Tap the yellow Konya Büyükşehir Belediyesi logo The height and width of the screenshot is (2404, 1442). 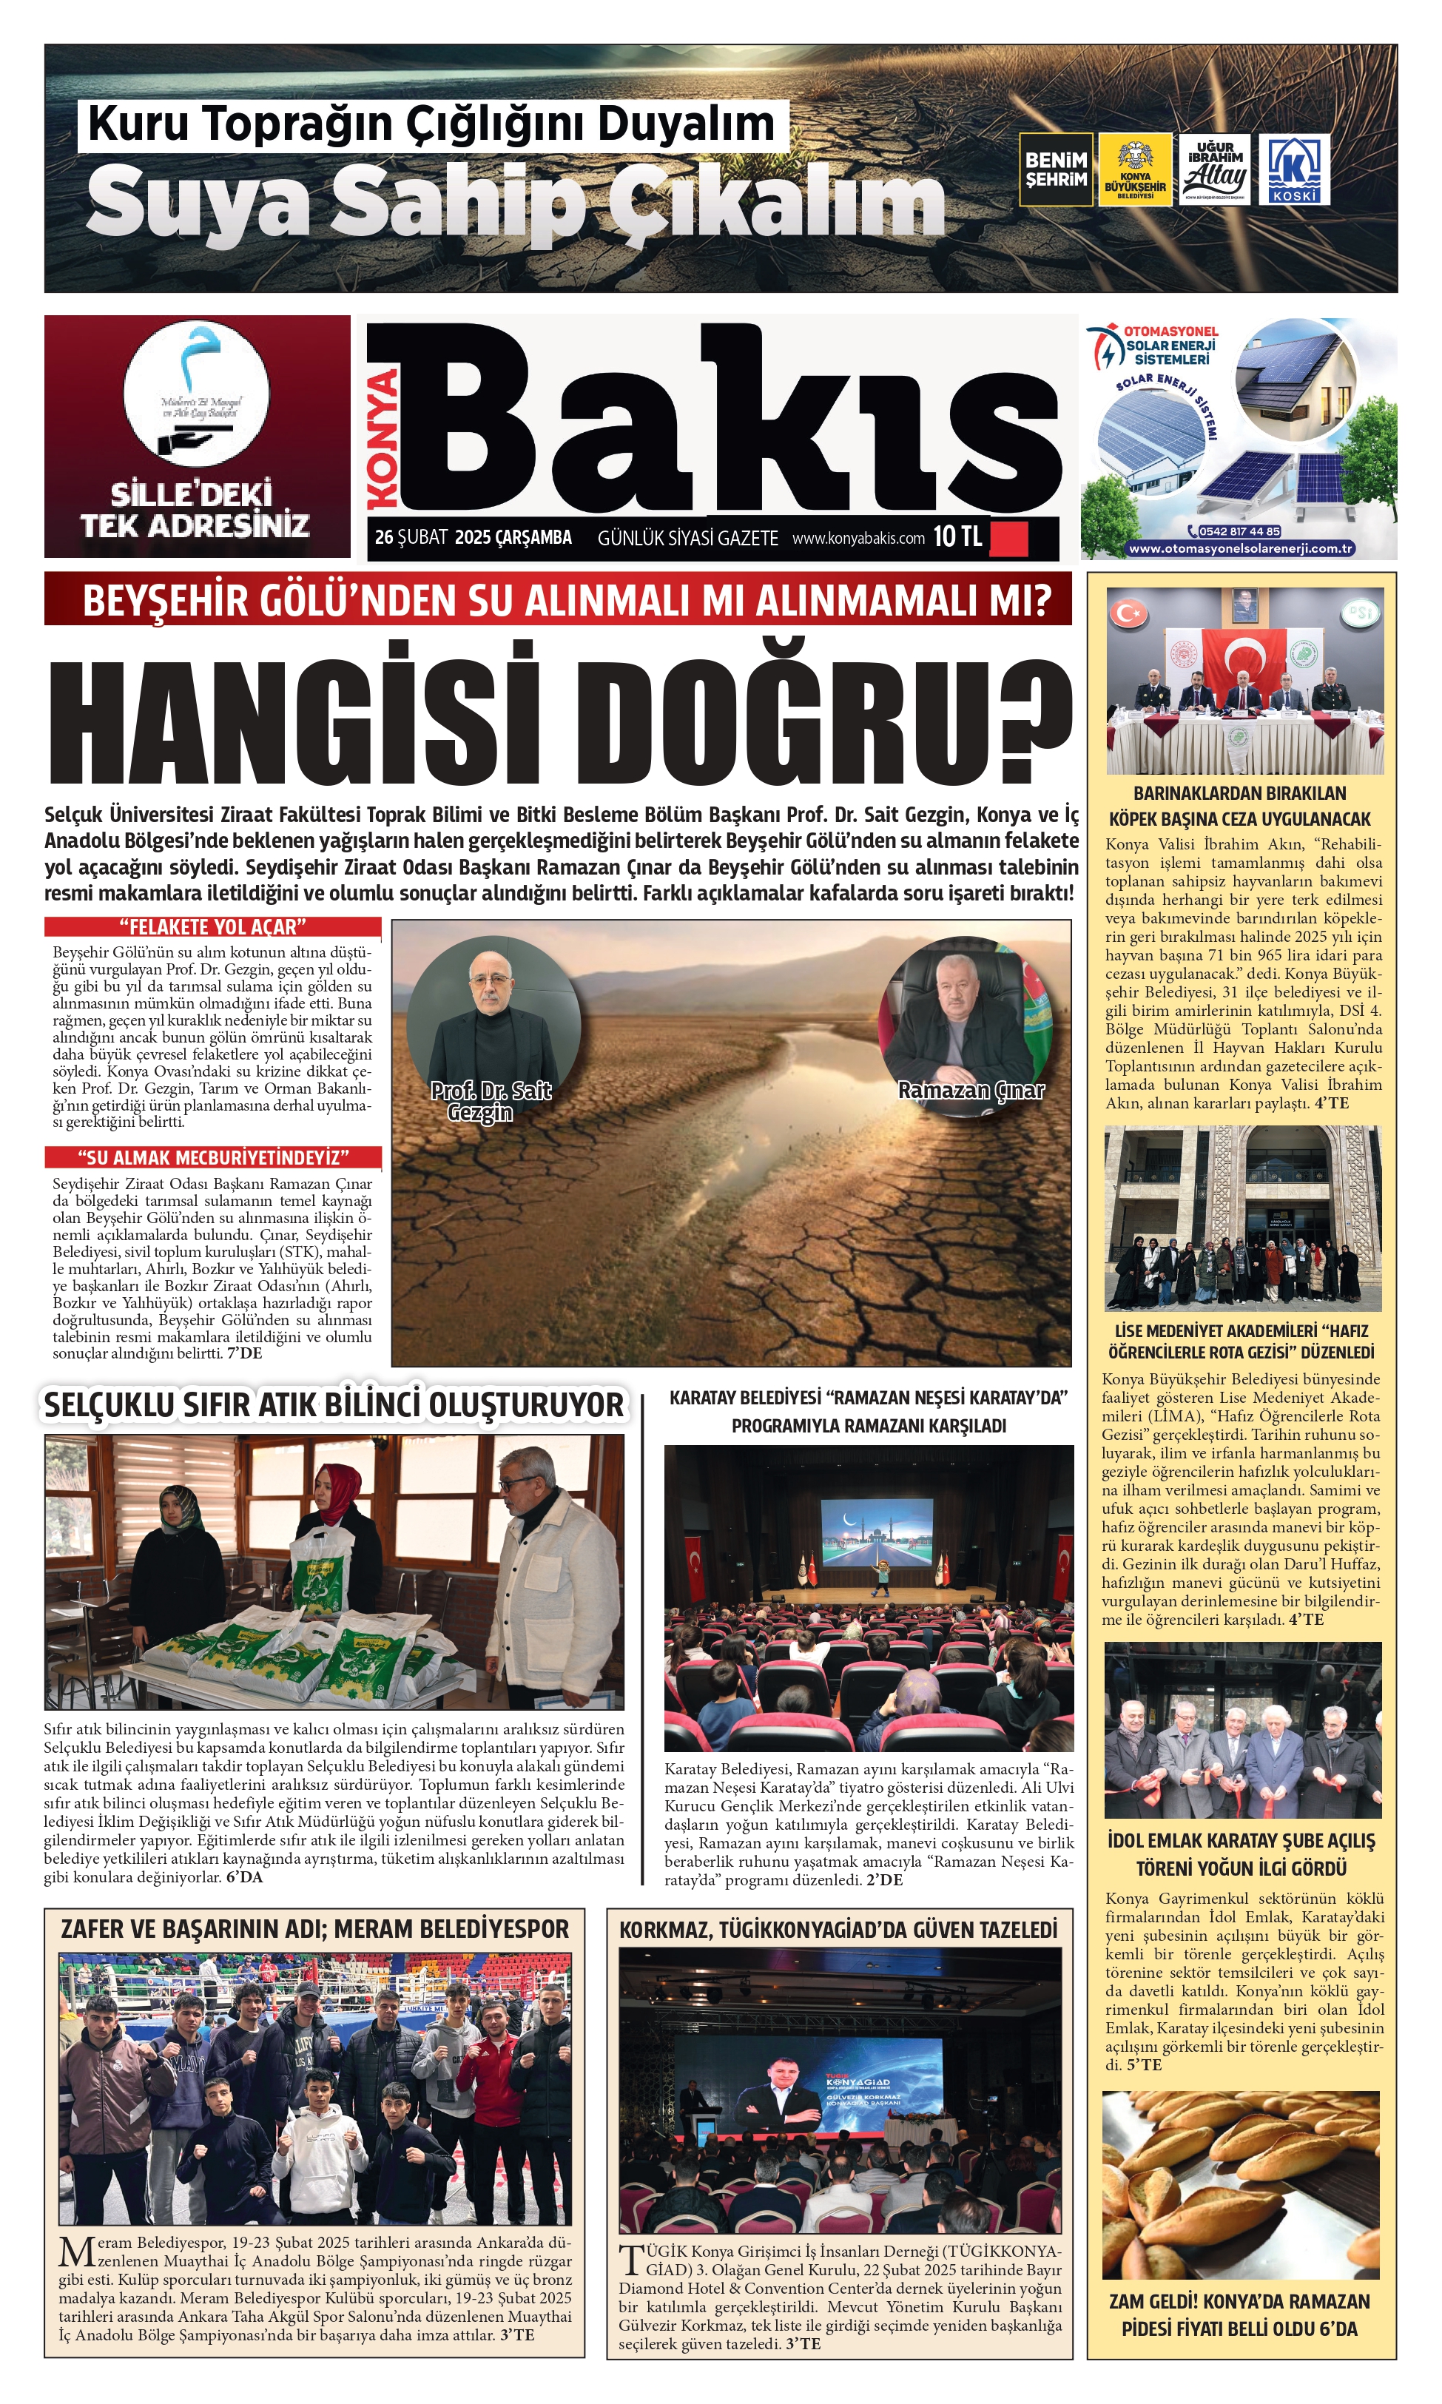click(1134, 170)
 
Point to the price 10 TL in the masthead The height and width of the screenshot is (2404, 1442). click(957, 537)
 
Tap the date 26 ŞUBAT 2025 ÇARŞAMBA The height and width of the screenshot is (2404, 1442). click(474, 537)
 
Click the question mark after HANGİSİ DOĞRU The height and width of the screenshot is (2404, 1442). click(1033, 719)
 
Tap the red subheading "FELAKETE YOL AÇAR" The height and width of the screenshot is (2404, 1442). click(213, 927)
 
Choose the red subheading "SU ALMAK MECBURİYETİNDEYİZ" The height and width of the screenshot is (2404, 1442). click(213, 1157)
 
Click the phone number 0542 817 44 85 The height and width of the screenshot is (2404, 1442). click(1239, 531)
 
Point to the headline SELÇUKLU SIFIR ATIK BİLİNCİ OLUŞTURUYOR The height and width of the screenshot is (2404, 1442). click(333, 1405)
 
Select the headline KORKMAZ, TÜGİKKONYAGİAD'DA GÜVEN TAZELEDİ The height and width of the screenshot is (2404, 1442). click(838, 1930)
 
